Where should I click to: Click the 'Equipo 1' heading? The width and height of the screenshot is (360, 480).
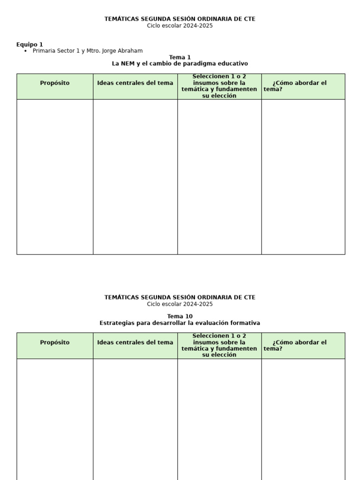30,45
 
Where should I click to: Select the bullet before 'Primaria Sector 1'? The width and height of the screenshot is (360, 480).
25,51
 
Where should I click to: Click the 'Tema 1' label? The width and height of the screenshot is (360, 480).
180,57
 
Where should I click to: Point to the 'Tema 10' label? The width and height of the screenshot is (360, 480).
180,316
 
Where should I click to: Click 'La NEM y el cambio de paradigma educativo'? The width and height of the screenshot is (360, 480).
180,63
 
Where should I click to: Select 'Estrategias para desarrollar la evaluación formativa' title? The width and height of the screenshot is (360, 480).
180,323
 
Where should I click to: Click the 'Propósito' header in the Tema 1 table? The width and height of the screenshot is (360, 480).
55,83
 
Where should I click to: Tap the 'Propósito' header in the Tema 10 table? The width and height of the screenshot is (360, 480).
55,343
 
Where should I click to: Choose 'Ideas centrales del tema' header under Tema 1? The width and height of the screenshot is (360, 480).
135,83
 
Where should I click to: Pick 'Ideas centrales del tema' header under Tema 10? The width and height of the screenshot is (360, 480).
135,343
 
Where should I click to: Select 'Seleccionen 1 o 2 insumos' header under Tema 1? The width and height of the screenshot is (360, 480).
219,86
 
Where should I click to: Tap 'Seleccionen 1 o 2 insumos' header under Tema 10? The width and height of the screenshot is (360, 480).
219,345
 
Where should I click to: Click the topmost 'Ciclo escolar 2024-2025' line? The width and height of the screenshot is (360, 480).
180,26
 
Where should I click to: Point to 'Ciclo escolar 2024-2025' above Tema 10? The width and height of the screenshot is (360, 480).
180,304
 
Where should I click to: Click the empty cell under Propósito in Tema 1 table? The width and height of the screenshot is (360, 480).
55,177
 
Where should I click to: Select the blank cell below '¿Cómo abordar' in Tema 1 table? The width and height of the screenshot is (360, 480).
303,177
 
